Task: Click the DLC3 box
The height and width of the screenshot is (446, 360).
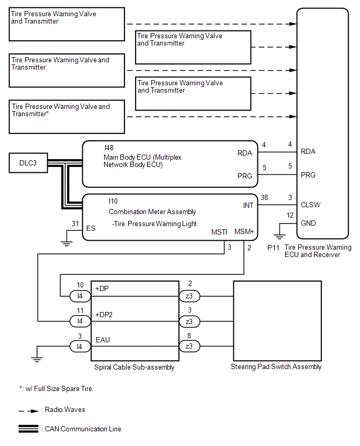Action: pos(28,163)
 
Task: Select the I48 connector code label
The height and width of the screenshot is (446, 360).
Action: pos(109,148)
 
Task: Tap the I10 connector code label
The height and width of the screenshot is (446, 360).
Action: pos(113,202)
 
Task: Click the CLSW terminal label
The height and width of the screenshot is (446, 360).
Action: pos(310,205)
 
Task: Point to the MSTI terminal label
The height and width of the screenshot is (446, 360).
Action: pos(219,232)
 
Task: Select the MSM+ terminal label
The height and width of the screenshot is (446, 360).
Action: pos(244,231)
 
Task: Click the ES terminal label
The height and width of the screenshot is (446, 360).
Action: pos(91,228)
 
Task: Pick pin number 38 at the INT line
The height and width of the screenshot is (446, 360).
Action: pos(264,197)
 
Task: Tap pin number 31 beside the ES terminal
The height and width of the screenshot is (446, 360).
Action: pos(75,224)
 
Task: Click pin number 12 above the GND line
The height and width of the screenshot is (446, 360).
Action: pos(290,215)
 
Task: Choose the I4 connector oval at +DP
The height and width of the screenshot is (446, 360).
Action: pos(80,296)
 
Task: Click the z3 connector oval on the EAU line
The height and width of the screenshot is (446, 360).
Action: pos(189,346)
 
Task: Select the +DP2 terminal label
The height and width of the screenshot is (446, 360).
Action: pos(104,315)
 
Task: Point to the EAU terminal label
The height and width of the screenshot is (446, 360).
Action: pos(103,340)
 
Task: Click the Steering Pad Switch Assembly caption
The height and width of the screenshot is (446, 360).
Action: pos(276,366)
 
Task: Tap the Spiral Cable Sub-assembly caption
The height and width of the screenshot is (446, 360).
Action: pos(134,367)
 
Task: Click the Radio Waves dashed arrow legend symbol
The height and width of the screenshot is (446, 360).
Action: pos(28,411)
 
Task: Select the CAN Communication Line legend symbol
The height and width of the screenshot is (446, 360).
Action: pos(28,429)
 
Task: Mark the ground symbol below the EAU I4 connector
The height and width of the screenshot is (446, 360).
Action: pos(37,359)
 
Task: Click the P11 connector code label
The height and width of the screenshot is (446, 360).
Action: pos(273,248)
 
